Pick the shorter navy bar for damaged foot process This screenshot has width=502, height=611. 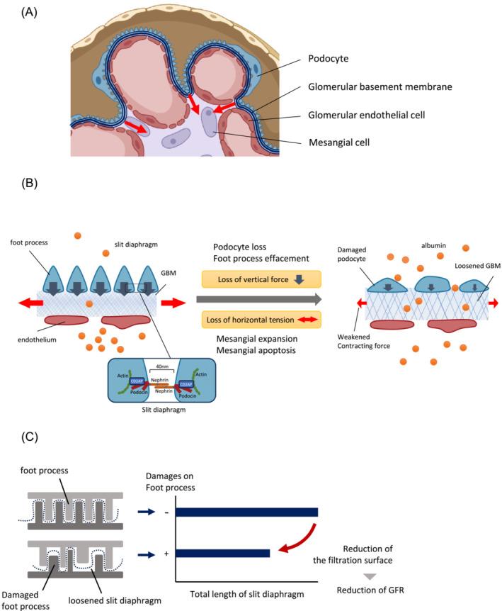point(222,553)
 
